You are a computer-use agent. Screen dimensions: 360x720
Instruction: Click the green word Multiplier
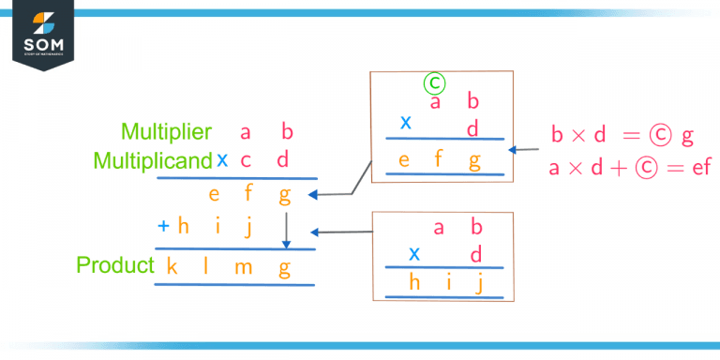pyautogui.click(x=166, y=133)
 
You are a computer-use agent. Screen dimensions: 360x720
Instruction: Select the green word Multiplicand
pyautogui.click(x=153, y=161)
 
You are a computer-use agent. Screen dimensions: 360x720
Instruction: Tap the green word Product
pyautogui.click(x=114, y=265)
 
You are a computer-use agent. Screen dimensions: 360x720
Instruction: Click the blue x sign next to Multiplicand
pyautogui.click(x=222, y=160)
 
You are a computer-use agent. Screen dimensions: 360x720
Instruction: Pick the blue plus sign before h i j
pyautogui.click(x=163, y=226)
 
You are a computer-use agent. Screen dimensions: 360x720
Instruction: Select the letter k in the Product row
pyautogui.click(x=172, y=266)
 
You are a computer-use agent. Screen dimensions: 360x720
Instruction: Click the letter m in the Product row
pyautogui.click(x=244, y=267)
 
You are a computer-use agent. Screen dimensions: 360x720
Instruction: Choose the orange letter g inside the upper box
pyautogui.click(x=474, y=160)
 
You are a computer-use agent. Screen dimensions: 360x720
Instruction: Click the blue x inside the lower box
pyautogui.click(x=413, y=253)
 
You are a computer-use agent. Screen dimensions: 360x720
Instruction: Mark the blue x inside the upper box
pyautogui.click(x=406, y=122)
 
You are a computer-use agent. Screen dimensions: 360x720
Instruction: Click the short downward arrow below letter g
pyautogui.click(x=286, y=230)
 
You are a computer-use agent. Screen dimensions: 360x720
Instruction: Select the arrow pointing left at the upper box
pyautogui.click(x=527, y=149)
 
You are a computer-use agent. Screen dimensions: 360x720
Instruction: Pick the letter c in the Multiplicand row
pyautogui.click(x=246, y=160)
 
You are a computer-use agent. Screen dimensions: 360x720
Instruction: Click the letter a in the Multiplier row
pyautogui.click(x=246, y=133)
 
